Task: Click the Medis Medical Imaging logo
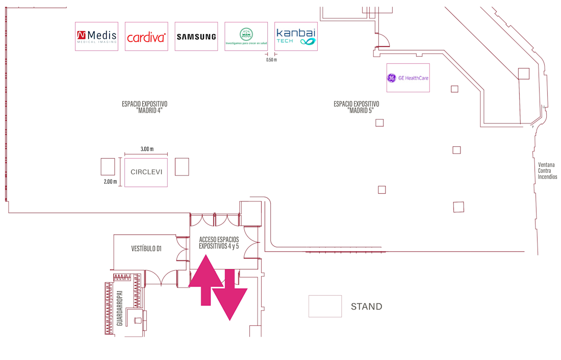96,36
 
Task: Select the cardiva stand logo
146,37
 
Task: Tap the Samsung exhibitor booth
196,37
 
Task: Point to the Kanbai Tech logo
296,36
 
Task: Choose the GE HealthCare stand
408,78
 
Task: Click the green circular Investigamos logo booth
246,37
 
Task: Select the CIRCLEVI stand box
146,172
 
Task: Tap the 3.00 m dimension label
147,149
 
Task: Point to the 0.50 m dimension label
271,60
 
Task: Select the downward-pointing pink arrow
230,295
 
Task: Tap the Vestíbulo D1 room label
146,249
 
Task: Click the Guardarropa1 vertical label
119,308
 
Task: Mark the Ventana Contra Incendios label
547,171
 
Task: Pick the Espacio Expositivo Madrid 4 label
144,107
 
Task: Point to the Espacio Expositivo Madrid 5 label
356,107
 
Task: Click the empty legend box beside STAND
325,306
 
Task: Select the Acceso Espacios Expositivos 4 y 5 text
219,243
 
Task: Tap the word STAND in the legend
366,307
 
